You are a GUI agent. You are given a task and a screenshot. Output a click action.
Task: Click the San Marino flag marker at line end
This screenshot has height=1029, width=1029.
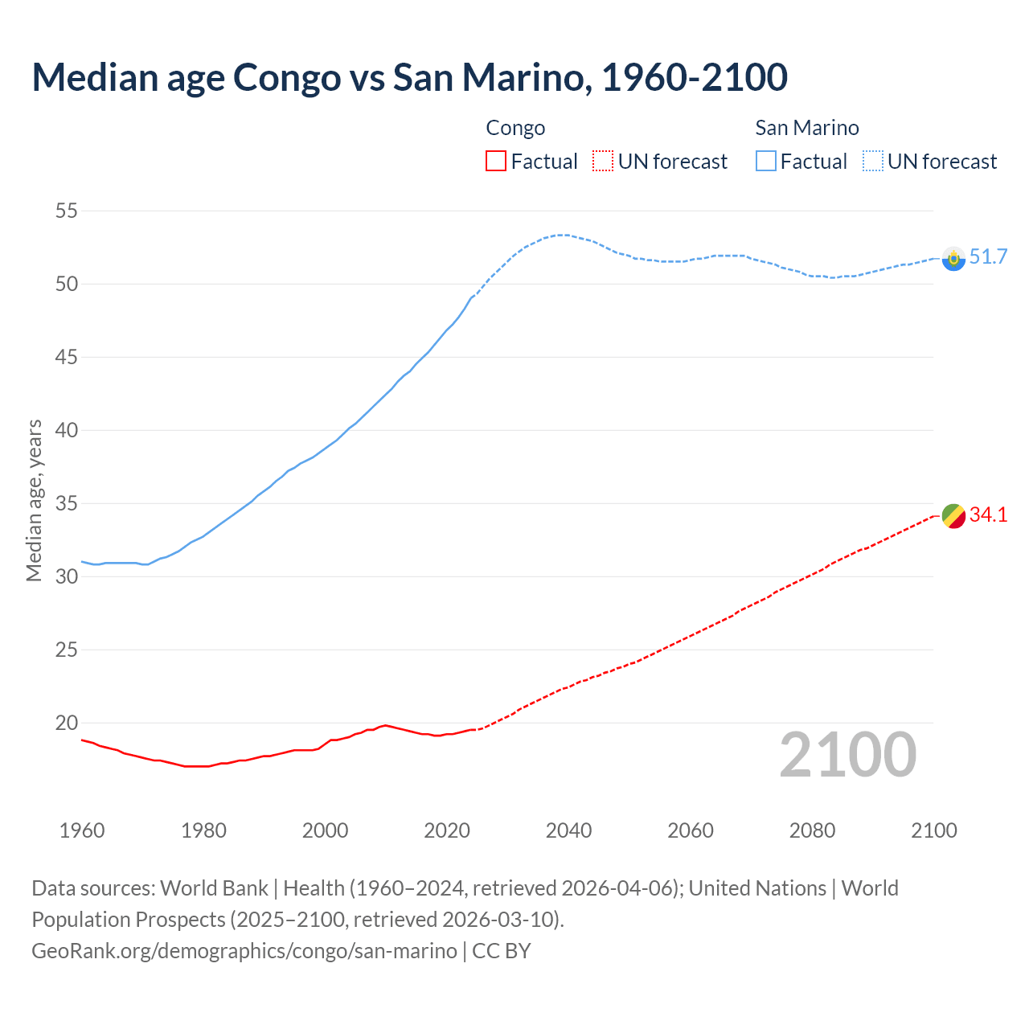coord(953,259)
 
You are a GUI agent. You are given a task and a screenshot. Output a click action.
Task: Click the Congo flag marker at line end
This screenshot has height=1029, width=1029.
coord(953,516)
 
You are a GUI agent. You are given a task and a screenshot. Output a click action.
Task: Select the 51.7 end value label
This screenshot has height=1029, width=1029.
coord(988,257)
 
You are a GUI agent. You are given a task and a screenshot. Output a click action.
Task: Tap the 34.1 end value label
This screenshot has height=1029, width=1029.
coord(988,515)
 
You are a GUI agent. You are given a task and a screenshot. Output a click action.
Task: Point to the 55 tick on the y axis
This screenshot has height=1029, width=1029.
coord(66,211)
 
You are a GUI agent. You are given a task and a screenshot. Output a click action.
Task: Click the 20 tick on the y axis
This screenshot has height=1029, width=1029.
coord(66,723)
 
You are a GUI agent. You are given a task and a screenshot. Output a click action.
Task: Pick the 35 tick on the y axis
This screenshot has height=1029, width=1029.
coord(66,504)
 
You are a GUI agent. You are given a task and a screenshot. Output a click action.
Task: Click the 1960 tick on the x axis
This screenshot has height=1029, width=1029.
coord(82,830)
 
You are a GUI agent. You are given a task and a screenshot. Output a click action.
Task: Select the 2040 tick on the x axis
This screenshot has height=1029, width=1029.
coord(568,830)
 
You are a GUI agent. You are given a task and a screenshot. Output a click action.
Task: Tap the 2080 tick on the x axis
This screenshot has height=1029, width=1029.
coord(812,830)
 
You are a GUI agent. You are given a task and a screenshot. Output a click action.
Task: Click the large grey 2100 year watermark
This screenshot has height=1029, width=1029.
coord(847,755)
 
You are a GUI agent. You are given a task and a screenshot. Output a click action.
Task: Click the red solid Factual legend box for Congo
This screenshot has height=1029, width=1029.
coord(496,162)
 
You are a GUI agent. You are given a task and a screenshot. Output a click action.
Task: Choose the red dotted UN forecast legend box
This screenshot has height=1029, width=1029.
coord(603,162)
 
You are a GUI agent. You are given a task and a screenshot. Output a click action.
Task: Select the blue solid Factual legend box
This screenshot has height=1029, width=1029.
coord(766,162)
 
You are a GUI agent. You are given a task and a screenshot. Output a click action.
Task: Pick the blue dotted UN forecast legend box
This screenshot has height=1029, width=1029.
coord(873,162)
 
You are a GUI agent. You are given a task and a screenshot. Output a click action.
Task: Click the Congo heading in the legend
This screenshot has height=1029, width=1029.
coord(515,128)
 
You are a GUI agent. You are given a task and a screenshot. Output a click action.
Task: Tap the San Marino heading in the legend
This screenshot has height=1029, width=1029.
coord(806,128)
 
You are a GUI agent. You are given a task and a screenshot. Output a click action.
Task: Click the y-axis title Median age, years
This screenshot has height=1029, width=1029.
coord(34,500)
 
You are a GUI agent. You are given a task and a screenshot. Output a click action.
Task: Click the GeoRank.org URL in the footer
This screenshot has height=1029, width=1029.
coord(244,951)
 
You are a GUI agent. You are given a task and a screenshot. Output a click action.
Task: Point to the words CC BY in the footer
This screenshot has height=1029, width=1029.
coord(502,951)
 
